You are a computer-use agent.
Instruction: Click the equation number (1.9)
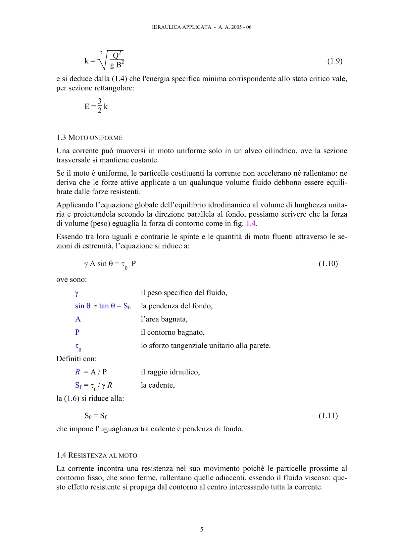pyautogui.click(x=334, y=61)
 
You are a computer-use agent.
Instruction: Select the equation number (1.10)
pyautogui.click(x=328, y=264)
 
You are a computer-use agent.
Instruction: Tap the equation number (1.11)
pyautogui.click(x=328, y=416)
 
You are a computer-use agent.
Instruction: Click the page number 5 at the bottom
pyautogui.click(x=202, y=530)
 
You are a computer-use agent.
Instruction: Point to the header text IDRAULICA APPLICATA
pyautogui.click(x=181, y=27)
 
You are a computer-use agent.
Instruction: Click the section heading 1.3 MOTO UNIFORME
pyautogui.click(x=89, y=138)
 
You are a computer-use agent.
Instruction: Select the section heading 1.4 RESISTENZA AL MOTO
pyautogui.click(x=97, y=455)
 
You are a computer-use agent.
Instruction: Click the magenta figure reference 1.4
pyautogui.click(x=251, y=223)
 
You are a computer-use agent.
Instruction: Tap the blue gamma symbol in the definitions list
pyautogui.click(x=77, y=293)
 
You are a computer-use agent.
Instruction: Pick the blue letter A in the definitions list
pyautogui.click(x=78, y=319)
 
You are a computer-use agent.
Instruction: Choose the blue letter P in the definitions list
pyautogui.click(x=77, y=332)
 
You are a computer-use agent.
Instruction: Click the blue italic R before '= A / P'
pyautogui.click(x=77, y=372)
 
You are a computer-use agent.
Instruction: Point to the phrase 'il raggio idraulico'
pyautogui.click(x=170, y=372)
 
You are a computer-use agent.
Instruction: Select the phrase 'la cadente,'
pyautogui.click(x=158, y=385)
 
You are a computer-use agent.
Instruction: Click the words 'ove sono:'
pyautogui.click(x=72, y=279)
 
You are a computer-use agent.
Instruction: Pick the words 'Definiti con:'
pyautogui.click(x=76, y=359)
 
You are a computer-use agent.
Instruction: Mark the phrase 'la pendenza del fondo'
pyautogui.click(x=176, y=306)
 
